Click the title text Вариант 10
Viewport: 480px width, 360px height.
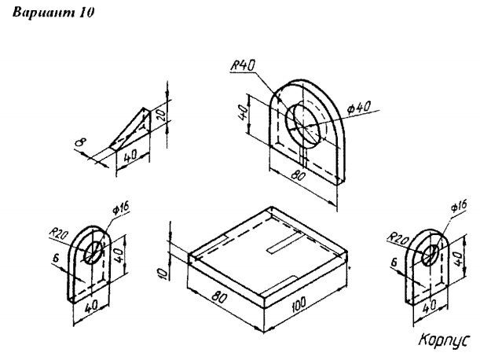coord(53,13)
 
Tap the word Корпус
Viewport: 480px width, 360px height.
coord(444,340)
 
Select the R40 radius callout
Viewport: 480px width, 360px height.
coord(243,65)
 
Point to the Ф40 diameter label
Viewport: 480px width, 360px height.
coord(359,108)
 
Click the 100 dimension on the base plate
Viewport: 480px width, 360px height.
coord(299,304)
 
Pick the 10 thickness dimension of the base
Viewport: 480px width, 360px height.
coord(163,273)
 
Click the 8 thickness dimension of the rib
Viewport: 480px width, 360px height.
coord(81,142)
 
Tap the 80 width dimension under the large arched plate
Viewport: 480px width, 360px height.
coord(298,174)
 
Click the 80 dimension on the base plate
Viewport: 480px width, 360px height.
coord(219,297)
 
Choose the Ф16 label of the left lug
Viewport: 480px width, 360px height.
coord(121,208)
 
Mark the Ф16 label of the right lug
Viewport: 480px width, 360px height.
coord(459,206)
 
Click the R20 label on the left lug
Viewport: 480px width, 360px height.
coord(58,235)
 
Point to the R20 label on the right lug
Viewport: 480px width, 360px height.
coord(398,237)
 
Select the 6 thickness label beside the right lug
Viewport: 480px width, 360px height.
coord(394,262)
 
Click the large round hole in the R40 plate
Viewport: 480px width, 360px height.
coord(304,126)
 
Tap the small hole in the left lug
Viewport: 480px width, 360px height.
coord(93,252)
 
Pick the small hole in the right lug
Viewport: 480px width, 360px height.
coord(431,255)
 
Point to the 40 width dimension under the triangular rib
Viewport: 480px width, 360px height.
coord(130,156)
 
